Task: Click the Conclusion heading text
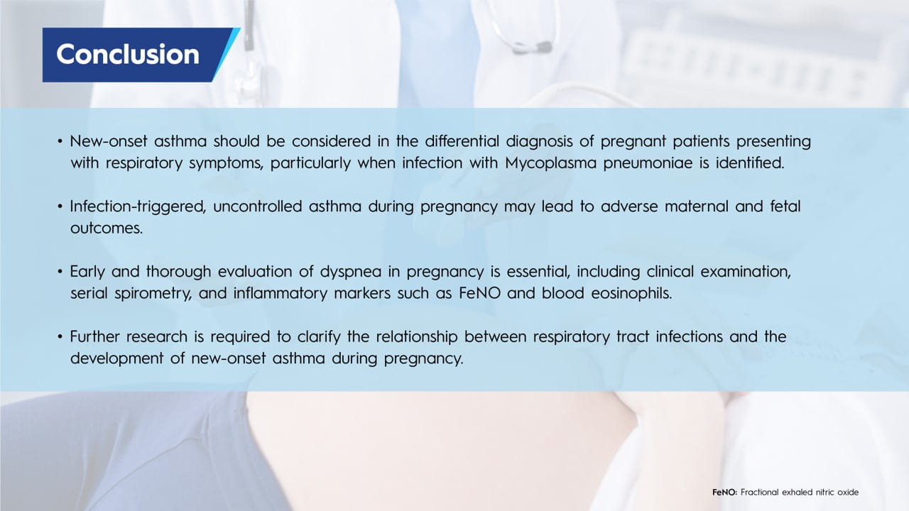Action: tap(128, 55)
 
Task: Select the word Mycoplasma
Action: tap(550, 163)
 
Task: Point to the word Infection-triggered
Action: tap(138, 207)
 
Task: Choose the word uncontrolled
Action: tap(257, 207)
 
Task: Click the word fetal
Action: tap(785, 207)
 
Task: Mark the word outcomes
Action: tap(107, 229)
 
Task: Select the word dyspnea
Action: tap(351, 272)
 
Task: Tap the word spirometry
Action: tap(153, 294)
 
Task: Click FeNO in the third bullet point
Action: tap(479, 293)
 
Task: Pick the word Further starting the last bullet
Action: tap(94, 336)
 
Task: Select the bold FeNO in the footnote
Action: tap(725, 493)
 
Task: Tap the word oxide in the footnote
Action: tap(848, 493)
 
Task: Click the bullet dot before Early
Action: tap(60, 272)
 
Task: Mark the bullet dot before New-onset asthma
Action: tap(60, 141)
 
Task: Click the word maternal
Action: tap(697, 207)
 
